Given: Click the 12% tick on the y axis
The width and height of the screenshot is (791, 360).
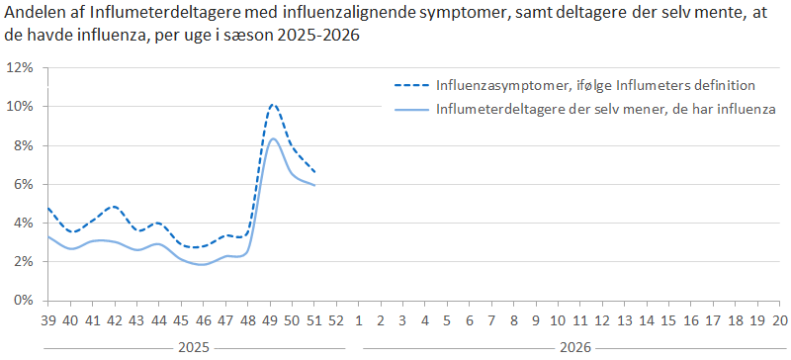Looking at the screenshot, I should coord(21,68).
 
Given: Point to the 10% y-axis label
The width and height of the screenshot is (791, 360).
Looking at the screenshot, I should coord(21,107).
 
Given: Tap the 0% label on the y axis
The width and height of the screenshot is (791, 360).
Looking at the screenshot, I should coord(24,301).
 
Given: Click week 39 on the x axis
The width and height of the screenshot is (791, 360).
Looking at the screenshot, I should coord(48,320).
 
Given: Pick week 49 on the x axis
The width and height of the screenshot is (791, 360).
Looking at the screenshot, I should coord(273,320).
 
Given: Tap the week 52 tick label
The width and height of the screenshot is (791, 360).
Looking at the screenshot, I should coord(336,320).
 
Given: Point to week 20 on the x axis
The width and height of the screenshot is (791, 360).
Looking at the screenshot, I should coord(780,320).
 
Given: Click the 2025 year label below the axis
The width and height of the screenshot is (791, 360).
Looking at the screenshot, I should coord(194,348).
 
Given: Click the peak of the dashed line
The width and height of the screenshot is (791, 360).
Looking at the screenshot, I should coord(274,104).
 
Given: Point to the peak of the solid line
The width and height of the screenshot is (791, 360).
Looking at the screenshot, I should coord(274,138).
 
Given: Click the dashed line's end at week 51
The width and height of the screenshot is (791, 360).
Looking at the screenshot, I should coord(315,173).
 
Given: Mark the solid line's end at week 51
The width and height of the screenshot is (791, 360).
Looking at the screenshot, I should coord(315,185).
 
